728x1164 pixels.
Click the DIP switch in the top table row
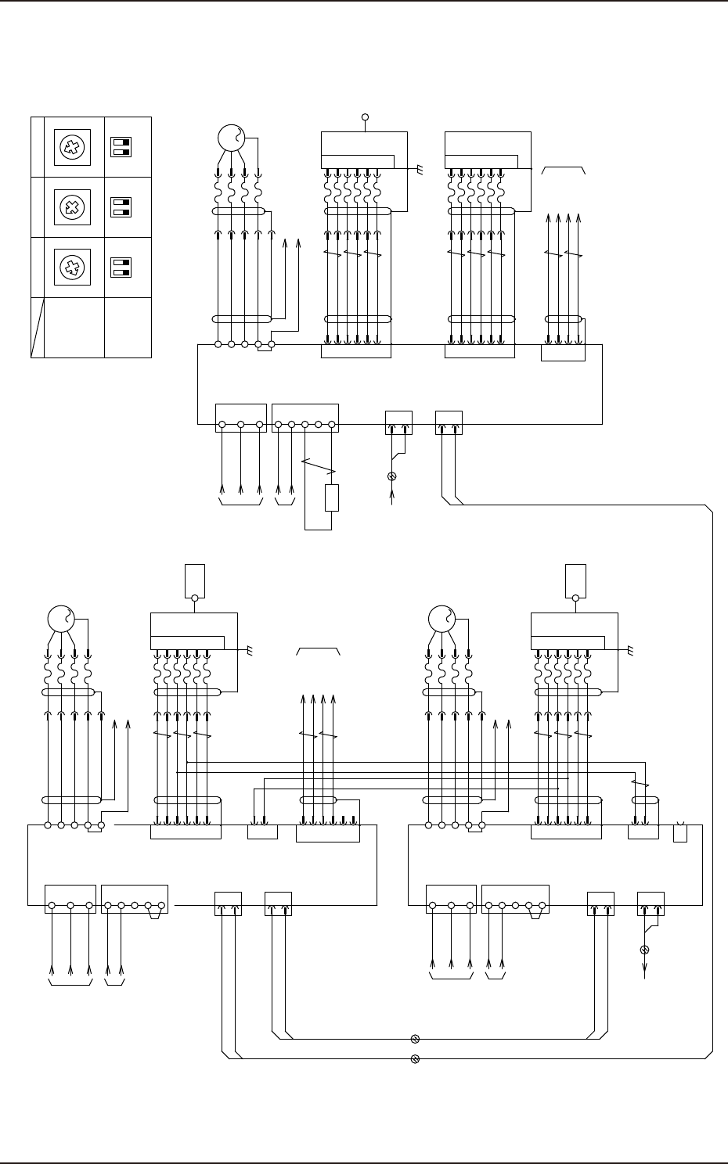[121, 147]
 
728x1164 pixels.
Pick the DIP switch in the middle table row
[121, 207]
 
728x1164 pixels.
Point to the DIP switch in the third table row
[121, 268]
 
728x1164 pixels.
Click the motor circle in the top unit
[232, 139]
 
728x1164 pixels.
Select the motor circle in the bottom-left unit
[60, 619]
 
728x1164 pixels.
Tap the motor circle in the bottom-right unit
[441, 619]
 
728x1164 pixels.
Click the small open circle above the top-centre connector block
[365, 117]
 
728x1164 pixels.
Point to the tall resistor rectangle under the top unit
[332, 498]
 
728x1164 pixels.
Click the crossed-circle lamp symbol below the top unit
[392, 476]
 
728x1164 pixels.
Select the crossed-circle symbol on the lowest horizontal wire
[415, 1059]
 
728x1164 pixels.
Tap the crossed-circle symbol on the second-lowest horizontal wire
[415, 1039]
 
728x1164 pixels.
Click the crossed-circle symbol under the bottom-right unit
[645, 950]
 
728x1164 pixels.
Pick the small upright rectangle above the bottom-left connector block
[194, 579]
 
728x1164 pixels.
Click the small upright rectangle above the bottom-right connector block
[575, 579]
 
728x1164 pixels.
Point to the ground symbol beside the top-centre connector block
[420, 169]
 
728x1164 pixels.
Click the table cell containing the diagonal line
[37, 327]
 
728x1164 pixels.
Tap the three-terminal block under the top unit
[240, 418]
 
